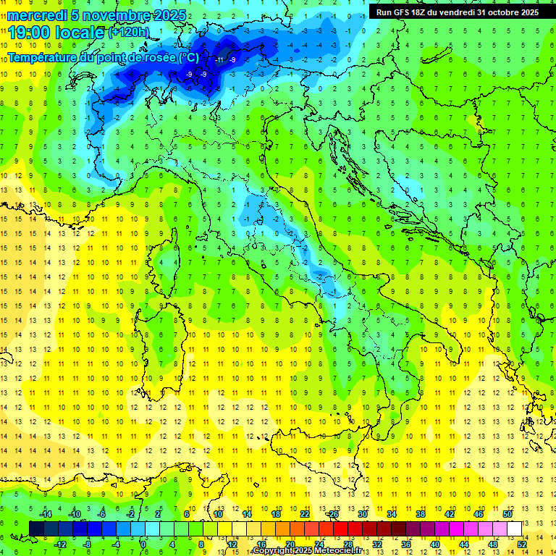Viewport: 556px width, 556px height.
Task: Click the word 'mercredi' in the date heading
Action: (37, 15)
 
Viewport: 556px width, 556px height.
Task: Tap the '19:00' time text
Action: (29, 33)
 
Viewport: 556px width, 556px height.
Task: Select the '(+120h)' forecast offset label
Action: (129, 33)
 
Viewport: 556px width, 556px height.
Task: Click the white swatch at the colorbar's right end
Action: (514, 528)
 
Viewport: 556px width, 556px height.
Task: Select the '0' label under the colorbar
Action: (143, 544)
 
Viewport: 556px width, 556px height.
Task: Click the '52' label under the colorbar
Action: (522, 544)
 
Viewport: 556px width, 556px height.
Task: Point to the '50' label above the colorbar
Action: (507, 514)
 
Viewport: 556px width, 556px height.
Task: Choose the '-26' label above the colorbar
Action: (332, 514)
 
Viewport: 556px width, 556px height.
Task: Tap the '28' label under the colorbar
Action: (347, 544)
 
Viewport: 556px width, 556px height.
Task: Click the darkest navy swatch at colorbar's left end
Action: (36, 528)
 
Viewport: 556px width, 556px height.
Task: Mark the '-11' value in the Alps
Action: (219, 59)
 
